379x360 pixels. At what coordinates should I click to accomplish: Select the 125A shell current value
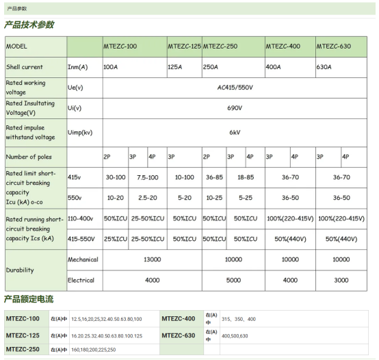click(x=175, y=67)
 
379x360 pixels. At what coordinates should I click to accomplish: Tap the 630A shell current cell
click(x=324, y=67)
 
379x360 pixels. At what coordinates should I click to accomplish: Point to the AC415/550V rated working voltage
click(x=234, y=88)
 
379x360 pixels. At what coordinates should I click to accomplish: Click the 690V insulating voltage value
click(x=235, y=107)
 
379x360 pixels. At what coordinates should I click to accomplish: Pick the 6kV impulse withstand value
click(x=235, y=131)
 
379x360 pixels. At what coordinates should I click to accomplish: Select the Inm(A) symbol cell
click(x=77, y=67)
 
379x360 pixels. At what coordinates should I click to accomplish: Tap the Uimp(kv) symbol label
click(x=80, y=131)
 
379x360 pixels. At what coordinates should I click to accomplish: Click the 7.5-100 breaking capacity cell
click(x=148, y=177)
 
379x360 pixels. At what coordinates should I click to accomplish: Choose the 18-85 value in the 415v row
click(x=245, y=177)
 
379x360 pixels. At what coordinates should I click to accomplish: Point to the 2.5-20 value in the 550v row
click(x=148, y=198)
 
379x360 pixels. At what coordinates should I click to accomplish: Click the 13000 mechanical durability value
click(x=152, y=259)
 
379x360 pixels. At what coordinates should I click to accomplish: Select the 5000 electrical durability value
click(x=233, y=280)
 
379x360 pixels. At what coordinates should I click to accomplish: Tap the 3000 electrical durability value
click(x=341, y=280)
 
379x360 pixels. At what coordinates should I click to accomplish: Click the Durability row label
click(x=20, y=270)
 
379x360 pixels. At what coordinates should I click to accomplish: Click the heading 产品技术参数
click(x=29, y=25)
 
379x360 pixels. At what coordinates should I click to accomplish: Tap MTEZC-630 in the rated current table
click(x=179, y=335)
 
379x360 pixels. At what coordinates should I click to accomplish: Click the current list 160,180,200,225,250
click(x=93, y=350)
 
